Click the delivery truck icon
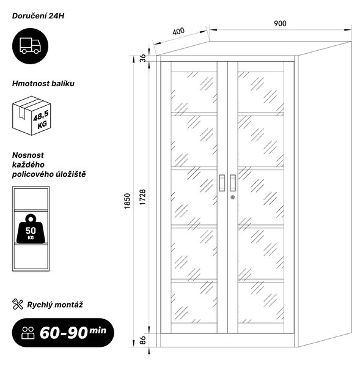pyautogui.click(x=30, y=46)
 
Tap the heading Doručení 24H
pyautogui.click(x=38, y=16)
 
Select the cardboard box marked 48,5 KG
pyautogui.click(x=32, y=116)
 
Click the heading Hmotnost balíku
pyautogui.click(x=43, y=84)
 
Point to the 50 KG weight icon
pyautogui.click(x=31, y=229)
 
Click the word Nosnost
pyautogui.click(x=28, y=155)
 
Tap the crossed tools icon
pyautogui.click(x=18, y=304)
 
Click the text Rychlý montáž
pyautogui.click(x=55, y=305)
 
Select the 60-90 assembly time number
pyautogui.click(x=64, y=332)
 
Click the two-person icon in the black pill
pyautogui.click(x=28, y=333)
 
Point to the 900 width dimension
pyautogui.click(x=280, y=23)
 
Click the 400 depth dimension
pyautogui.click(x=178, y=31)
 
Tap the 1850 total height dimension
pyautogui.click(x=127, y=201)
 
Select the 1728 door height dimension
pyautogui.click(x=142, y=198)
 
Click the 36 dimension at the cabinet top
pyautogui.click(x=142, y=58)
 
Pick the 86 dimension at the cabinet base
pyautogui.click(x=142, y=340)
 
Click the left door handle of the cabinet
pyautogui.click(x=222, y=183)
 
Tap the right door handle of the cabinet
pyautogui.click(x=232, y=183)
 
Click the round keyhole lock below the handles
pyautogui.click(x=232, y=198)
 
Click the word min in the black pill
pyautogui.click(x=98, y=330)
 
